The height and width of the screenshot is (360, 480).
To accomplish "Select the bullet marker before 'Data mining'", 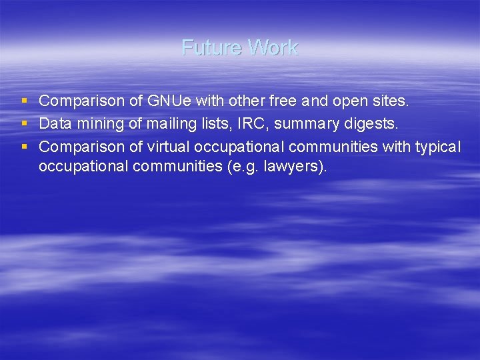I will [x=25, y=123].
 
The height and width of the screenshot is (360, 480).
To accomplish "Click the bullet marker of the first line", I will [x=25, y=101].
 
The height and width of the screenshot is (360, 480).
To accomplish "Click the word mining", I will [x=95, y=123].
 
